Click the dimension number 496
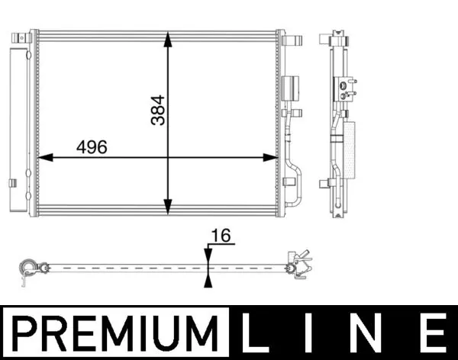[x=91, y=147]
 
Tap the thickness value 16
[x=221, y=237]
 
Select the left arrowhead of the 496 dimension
[x=44, y=158]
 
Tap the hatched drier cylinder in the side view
[x=350, y=149]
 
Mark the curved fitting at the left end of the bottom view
[x=28, y=268]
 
